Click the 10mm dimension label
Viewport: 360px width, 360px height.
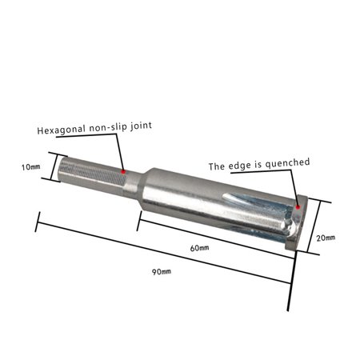[30, 167]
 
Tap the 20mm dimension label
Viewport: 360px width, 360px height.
[326, 238]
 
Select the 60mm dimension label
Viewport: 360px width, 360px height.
[199, 248]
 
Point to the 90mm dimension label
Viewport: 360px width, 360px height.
[161, 272]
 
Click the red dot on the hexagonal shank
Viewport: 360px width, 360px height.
[122, 170]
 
